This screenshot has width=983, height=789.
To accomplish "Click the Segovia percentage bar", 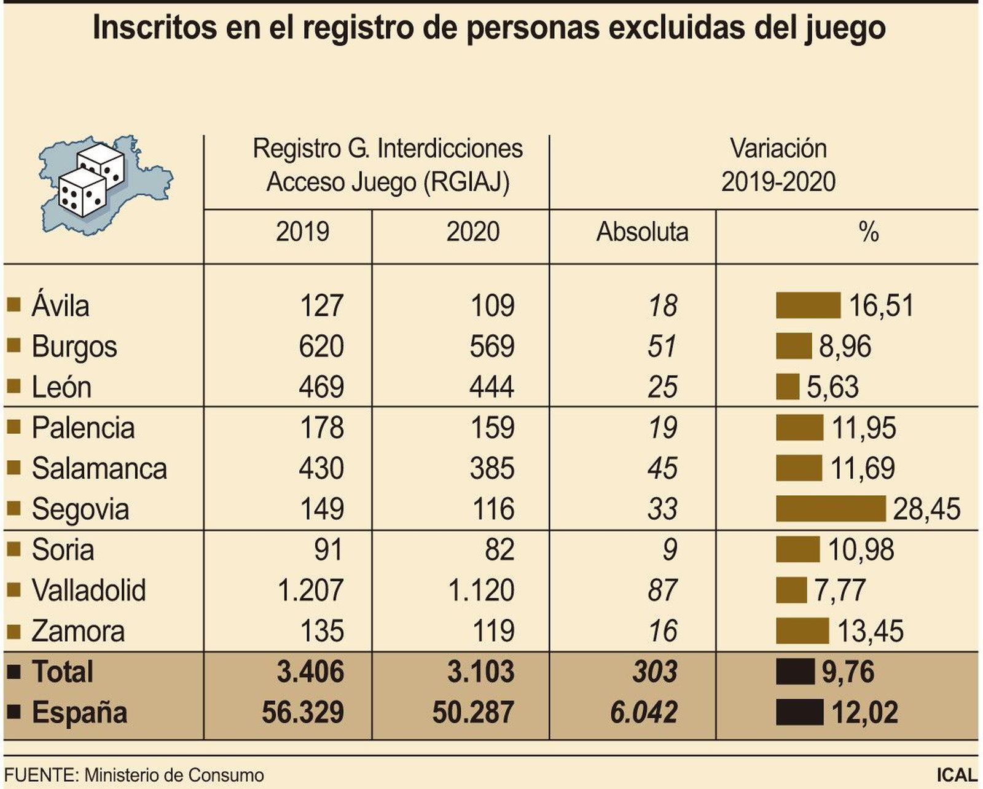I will click(830, 509).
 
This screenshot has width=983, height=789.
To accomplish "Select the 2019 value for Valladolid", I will click(310, 591).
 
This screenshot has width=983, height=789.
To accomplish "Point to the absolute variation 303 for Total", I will click(655, 672).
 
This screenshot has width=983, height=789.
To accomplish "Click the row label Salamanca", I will click(99, 468).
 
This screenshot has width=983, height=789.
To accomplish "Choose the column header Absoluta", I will click(642, 232).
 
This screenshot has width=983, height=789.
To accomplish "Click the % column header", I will click(869, 232).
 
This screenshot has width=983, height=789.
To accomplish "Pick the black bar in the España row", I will click(799, 712).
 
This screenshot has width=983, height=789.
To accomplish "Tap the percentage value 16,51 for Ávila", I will click(882, 306).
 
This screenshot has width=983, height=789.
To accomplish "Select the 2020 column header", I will click(472, 232).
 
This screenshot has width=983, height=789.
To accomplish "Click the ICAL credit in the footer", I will click(957, 775).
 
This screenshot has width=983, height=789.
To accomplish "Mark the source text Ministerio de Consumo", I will click(174, 775).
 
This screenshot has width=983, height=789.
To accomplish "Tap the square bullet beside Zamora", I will click(14, 630).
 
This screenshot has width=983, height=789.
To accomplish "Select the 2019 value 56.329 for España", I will click(302, 713).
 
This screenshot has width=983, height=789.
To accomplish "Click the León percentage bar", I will click(787, 387).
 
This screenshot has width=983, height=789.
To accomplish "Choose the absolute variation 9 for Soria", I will click(670, 550).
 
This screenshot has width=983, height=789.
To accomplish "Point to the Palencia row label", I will click(83, 428).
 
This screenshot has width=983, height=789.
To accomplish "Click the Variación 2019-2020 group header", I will click(778, 165).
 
